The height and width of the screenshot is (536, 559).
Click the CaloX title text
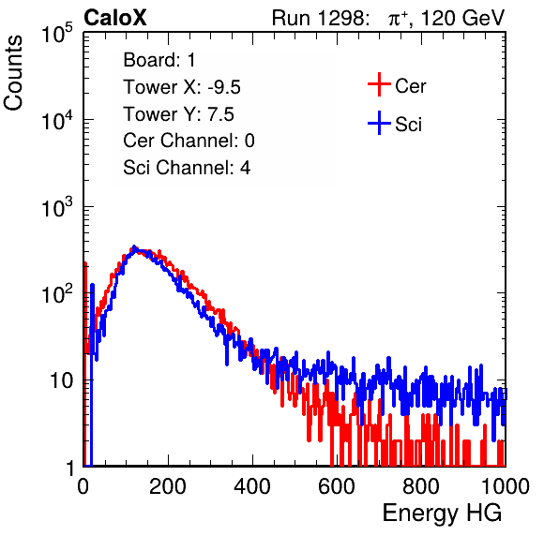tap(114, 18)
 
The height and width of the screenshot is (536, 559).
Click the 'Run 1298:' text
tap(320, 18)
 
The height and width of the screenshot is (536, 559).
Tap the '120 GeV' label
tap(462, 18)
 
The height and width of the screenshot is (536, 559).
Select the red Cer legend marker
tap(379, 84)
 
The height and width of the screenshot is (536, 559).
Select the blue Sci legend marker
tap(379, 124)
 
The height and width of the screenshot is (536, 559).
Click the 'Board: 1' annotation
tap(159, 60)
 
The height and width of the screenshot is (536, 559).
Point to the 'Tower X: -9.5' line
tap(182, 87)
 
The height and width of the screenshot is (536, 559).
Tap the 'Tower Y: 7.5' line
tap(178, 114)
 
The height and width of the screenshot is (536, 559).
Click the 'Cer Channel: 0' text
tap(189, 141)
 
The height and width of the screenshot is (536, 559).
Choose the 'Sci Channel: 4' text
tap(187, 168)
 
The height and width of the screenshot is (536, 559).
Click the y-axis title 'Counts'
tap(13, 73)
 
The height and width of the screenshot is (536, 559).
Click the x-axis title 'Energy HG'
tap(442, 514)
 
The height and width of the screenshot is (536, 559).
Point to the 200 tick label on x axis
tap(168, 486)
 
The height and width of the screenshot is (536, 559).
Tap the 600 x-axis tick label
tap(337, 486)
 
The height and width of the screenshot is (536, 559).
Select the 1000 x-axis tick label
tap(506, 486)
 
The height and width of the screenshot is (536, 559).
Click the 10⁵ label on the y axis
tap(57, 34)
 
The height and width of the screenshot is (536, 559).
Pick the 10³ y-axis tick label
tap(57, 207)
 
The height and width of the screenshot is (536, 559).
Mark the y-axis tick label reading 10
tap(61, 380)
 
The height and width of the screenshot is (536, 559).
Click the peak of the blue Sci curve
tap(134, 246)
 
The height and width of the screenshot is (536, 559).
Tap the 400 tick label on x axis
tap(252, 486)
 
